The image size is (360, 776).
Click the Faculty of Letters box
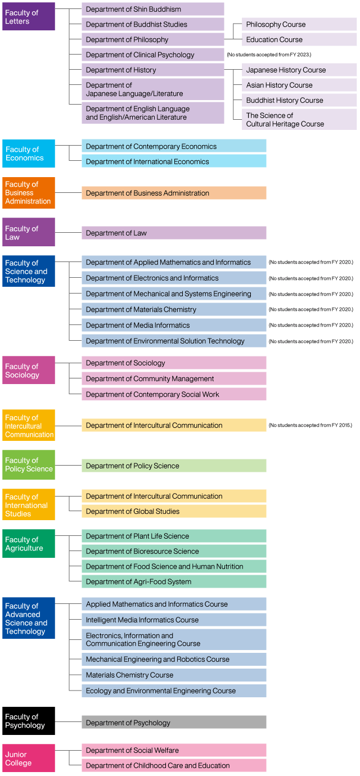pyautogui.click(x=29, y=16)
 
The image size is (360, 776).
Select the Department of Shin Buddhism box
pyautogui.click(x=153, y=9)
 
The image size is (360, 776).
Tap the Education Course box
pyautogui.click(x=299, y=39)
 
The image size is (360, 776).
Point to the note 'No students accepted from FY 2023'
pyautogui.click(x=269, y=55)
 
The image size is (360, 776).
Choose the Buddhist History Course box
pyautogui.click(x=299, y=100)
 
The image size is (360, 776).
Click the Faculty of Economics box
pyautogui.click(x=29, y=154)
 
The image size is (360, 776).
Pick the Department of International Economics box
pyautogui.click(x=174, y=161)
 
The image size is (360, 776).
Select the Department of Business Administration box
pyautogui.click(x=174, y=193)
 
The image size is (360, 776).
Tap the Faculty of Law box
pyautogui.click(x=29, y=232)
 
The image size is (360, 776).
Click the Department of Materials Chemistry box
pyautogui.click(x=174, y=309)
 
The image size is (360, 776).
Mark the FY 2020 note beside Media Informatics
pyautogui.click(x=311, y=325)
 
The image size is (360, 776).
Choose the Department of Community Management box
pyautogui.click(x=174, y=378)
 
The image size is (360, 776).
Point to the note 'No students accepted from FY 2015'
pyautogui.click(x=310, y=425)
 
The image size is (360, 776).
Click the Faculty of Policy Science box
pyautogui.click(x=29, y=464)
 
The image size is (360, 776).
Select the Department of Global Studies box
pyautogui.click(x=174, y=511)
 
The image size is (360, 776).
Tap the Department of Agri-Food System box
pyautogui.click(x=174, y=581)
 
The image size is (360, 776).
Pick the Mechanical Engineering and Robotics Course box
pyautogui.click(x=174, y=659)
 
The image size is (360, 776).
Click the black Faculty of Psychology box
pyautogui.click(x=29, y=720)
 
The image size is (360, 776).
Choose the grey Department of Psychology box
pyautogui.click(x=174, y=722)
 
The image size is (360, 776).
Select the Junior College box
pyautogui.click(x=29, y=758)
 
